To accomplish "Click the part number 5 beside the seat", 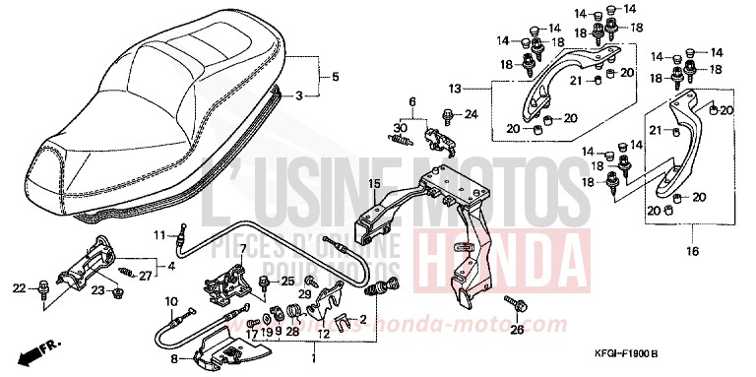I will pyautogui.click(x=335, y=77).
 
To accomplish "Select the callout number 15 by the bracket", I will pyautogui.click(x=374, y=184).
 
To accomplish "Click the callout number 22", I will pyautogui.click(x=17, y=287).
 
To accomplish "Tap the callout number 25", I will pyautogui.click(x=287, y=282).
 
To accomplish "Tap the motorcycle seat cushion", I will pyautogui.click(x=167, y=108).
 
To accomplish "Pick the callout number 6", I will pyautogui.click(x=413, y=101).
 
